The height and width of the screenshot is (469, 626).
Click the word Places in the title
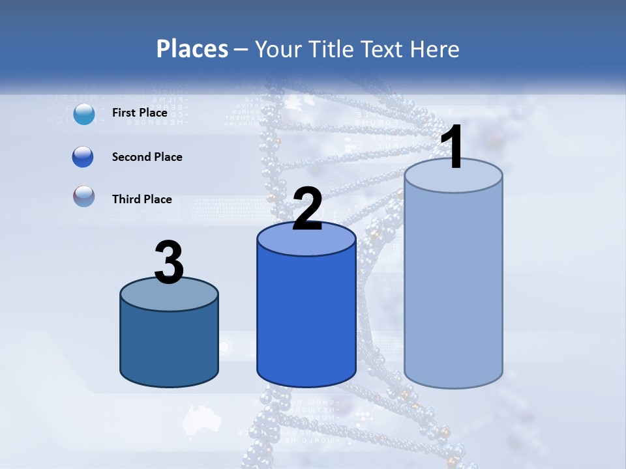192,49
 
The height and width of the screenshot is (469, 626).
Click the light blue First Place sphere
84,114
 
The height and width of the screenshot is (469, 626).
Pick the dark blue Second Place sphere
83,157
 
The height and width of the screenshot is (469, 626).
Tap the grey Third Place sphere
83,197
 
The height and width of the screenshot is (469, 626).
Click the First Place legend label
140,113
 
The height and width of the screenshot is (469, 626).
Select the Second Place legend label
147,157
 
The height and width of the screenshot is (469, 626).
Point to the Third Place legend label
142,199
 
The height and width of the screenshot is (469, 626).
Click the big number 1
452,148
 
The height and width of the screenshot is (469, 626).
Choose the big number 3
169,263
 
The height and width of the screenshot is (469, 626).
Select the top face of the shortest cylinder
169,294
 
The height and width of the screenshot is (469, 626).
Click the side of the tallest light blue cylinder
453,287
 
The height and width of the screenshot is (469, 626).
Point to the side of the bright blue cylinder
306,319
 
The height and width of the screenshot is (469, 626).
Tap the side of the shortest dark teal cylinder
169,345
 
